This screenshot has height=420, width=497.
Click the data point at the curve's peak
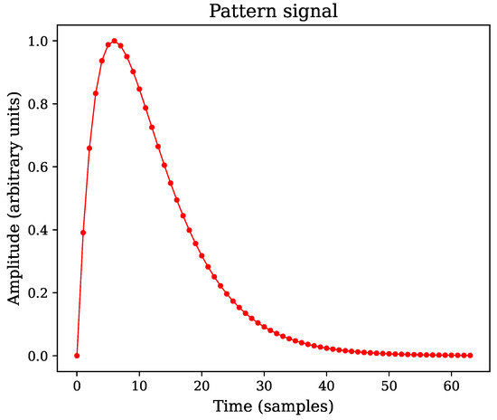(x=114, y=41)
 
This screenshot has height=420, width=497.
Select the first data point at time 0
(x=77, y=356)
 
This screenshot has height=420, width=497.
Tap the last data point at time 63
(x=471, y=356)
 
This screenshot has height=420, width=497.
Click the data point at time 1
(x=83, y=233)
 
